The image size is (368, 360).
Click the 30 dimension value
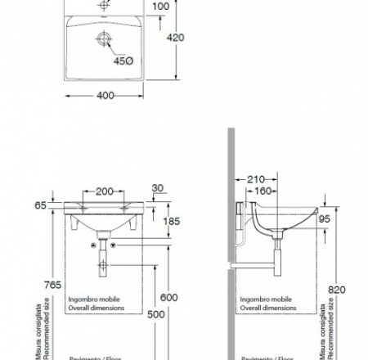pos(158,189)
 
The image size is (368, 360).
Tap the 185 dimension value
pos(170,221)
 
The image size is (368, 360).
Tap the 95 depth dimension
pos(324,218)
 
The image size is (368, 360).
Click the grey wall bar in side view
pos(232,245)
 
